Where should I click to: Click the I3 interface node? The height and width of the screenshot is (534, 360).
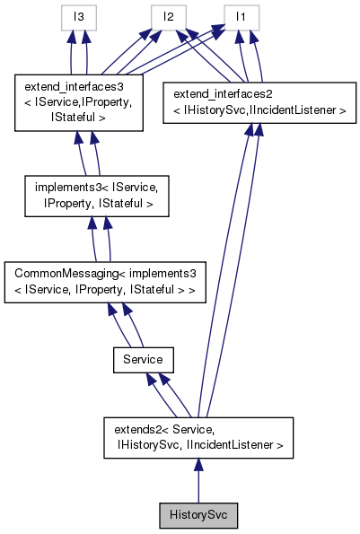point(78,16)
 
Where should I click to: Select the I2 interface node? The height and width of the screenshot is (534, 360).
point(167,16)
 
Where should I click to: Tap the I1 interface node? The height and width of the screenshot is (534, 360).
point(241,16)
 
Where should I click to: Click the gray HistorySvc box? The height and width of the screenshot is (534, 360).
point(198,517)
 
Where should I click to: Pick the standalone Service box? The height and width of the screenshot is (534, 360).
point(143,359)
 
